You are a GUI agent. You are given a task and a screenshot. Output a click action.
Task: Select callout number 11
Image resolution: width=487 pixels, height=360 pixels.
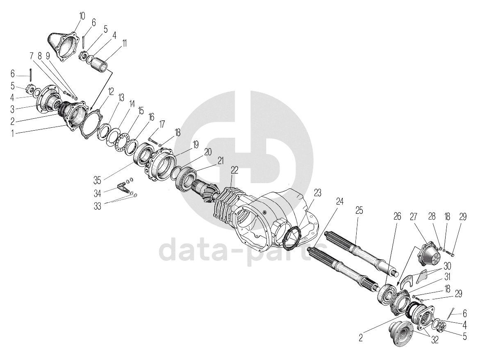[124, 43]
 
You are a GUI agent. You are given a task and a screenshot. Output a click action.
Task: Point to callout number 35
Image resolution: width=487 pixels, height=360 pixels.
[98, 180]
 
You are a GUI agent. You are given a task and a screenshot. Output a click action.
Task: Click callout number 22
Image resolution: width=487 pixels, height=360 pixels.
[234, 170]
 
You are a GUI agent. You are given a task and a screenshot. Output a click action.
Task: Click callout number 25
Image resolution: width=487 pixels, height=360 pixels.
[359, 211]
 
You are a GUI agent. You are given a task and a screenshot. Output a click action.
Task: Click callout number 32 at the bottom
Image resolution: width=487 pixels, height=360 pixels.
[435, 340]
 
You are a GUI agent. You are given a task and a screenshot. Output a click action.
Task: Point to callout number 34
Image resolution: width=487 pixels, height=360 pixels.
[98, 194]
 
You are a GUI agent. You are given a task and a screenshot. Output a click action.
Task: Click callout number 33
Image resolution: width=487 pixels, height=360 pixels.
[98, 206]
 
